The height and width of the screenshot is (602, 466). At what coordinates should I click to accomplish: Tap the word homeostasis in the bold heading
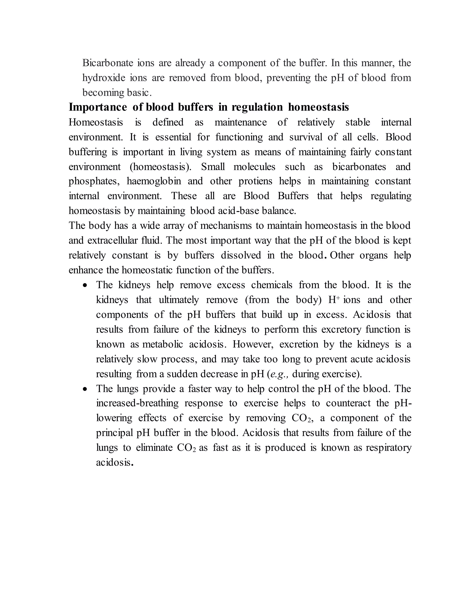click(318, 107)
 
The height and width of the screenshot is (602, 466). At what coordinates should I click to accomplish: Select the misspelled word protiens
click(255, 181)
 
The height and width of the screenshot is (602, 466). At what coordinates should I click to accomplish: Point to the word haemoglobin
click(154, 181)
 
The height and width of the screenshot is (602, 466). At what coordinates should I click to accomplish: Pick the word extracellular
click(124, 241)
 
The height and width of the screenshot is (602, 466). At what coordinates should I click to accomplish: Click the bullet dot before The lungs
click(85, 389)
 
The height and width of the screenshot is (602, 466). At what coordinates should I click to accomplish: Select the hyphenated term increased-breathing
click(137, 403)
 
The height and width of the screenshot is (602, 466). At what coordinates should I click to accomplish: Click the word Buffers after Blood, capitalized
click(293, 196)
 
